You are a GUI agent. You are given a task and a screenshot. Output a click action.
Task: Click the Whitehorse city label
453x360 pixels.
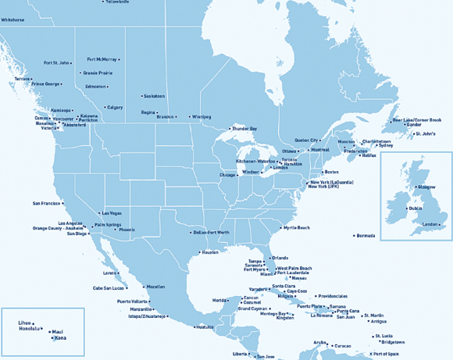[x=12, y=19]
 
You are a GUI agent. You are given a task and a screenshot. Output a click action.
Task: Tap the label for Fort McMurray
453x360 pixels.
[x=102, y=59]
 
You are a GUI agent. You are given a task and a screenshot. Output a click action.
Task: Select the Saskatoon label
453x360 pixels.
[x=154, y=96]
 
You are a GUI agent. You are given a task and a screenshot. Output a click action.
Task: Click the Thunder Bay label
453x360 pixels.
[x=244, y=128]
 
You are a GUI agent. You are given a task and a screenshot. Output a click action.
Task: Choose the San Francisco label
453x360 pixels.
[x=46, y=203]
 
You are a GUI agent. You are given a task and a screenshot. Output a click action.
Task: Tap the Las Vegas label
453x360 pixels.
[x=111, y=213]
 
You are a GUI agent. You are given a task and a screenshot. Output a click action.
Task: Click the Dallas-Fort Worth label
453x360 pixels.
[x=211, y=233]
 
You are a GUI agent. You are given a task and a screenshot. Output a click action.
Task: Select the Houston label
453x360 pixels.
[x=209, y=252]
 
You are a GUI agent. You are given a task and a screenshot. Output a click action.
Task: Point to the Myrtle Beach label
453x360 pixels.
[x=296, y=227]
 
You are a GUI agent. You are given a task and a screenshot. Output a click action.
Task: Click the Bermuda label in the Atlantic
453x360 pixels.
[x=366, y=236]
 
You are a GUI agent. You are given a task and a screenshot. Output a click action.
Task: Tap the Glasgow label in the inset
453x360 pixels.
[x=426, y=187]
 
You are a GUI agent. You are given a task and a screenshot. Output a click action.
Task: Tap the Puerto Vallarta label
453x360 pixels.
[x=133, y=301]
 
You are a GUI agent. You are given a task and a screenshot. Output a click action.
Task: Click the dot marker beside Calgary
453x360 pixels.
[x=102, y=108]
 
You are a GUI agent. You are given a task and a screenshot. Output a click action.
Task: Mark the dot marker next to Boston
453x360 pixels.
[x=320, y=172]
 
